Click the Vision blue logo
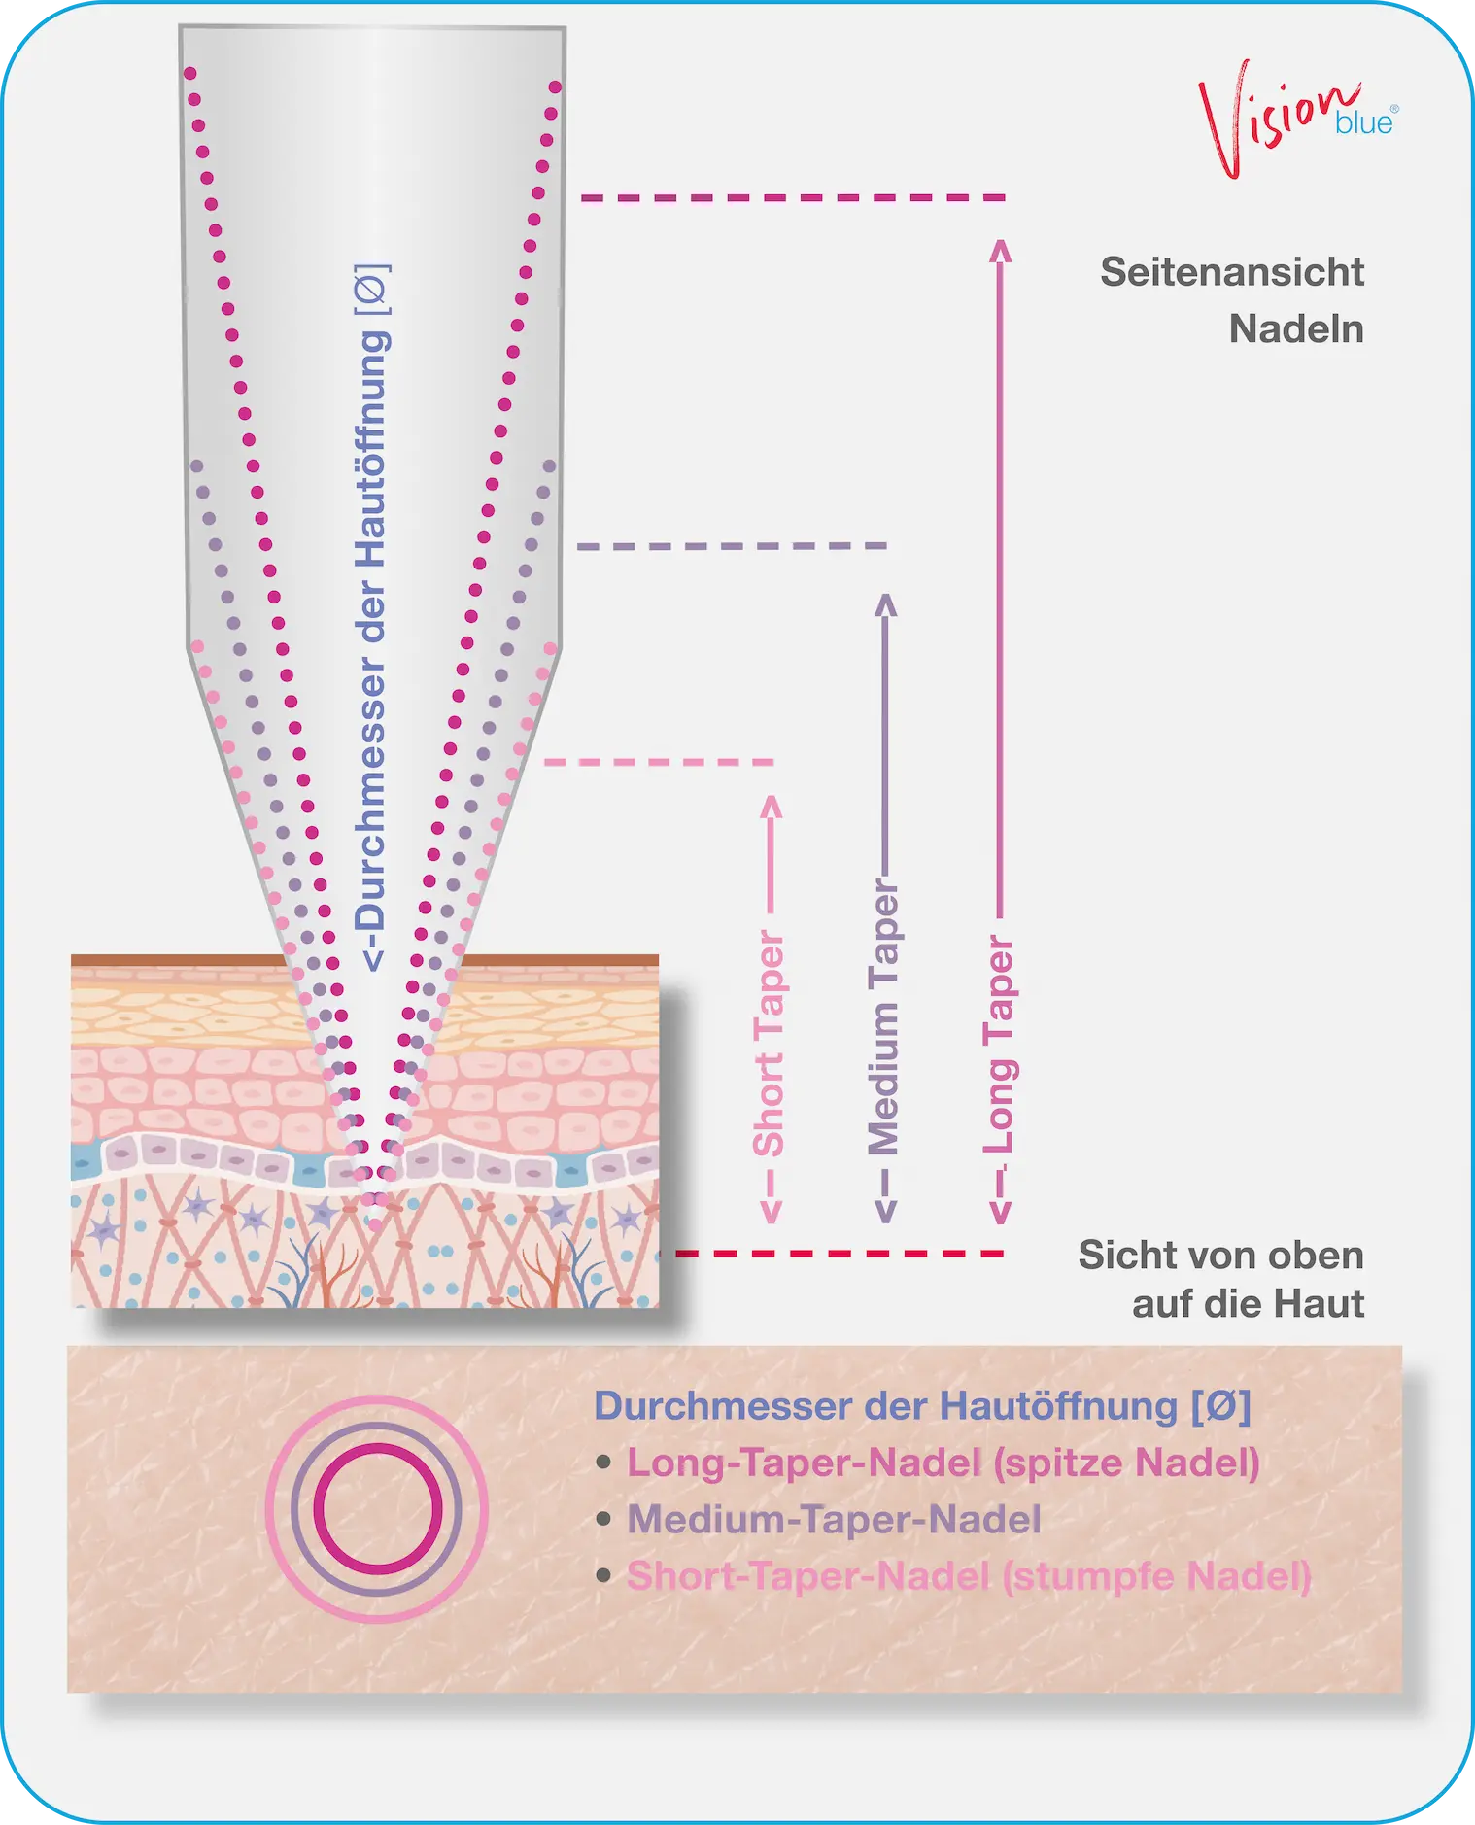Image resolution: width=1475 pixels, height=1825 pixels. coord(1298,118)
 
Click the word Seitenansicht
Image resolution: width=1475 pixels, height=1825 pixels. coord(1232,272)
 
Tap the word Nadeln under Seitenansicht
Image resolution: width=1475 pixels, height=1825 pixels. coord(1296,329)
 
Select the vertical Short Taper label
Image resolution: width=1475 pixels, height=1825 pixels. coord(769,1044)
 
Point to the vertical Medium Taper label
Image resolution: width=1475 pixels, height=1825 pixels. coord(883,1016)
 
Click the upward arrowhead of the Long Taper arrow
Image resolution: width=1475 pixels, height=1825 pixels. coord(1000,250)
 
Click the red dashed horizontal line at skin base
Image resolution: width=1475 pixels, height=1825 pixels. coord(840,1254)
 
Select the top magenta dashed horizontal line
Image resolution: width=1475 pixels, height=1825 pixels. coord(793,197)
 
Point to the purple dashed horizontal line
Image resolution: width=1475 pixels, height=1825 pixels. coord(732,546)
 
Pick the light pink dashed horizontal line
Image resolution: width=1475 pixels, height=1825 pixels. coord(659,762)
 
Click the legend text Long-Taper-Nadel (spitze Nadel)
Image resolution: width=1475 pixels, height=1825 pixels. coord(943,1463)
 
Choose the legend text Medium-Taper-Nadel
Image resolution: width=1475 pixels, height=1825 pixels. coord(834,1519)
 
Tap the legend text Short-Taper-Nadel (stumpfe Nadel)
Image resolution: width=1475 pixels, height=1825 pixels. coord(969,1575)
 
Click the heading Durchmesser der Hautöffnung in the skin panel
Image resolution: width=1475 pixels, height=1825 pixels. coord(922,1406)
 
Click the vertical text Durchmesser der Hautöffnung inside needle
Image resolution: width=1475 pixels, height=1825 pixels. coord(371,617)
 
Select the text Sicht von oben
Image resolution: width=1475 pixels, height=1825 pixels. coord(1220,1256)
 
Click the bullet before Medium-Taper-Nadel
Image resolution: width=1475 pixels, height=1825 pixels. coord(603,1519)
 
